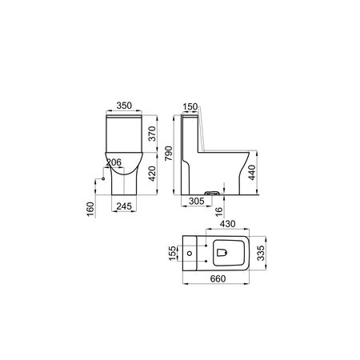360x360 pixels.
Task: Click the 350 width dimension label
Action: pyautogui.click(x=124, y=106)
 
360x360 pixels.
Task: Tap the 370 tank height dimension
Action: pyautogui.click(x=152, y=134)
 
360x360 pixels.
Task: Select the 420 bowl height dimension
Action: pyautogui.click(x=152, y=174)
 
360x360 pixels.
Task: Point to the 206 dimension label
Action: pyautogui.click(x=114, y=162)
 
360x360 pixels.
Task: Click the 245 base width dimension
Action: pyautogui.click(x=124, y=206)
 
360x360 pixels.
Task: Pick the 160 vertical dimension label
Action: pyautogui.click(x=90, y=210)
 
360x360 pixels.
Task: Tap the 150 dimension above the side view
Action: pyautogui.click(x=190, y=107)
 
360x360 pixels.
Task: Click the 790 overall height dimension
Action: pyautogui.click(x=169, y=154)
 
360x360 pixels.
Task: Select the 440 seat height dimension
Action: pyautogui.click(x=252, y=173)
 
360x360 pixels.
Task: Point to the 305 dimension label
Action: pyautogui.click(x=197, y=201)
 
